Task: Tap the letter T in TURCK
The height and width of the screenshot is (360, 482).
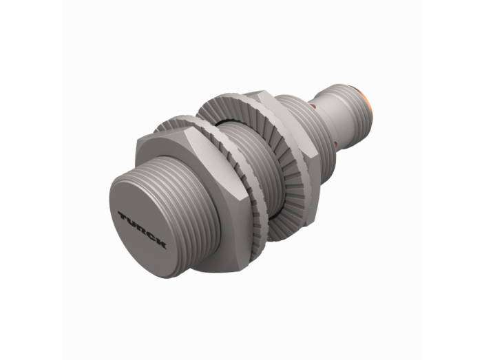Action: pos(124,215)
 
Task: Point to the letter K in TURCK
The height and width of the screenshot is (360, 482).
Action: pos(160,243)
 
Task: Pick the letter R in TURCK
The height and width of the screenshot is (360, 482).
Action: pos(142,229)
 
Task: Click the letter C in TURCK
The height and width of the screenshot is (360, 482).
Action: pos(151,236)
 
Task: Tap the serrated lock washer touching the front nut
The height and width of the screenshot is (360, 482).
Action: pos(215,172)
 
